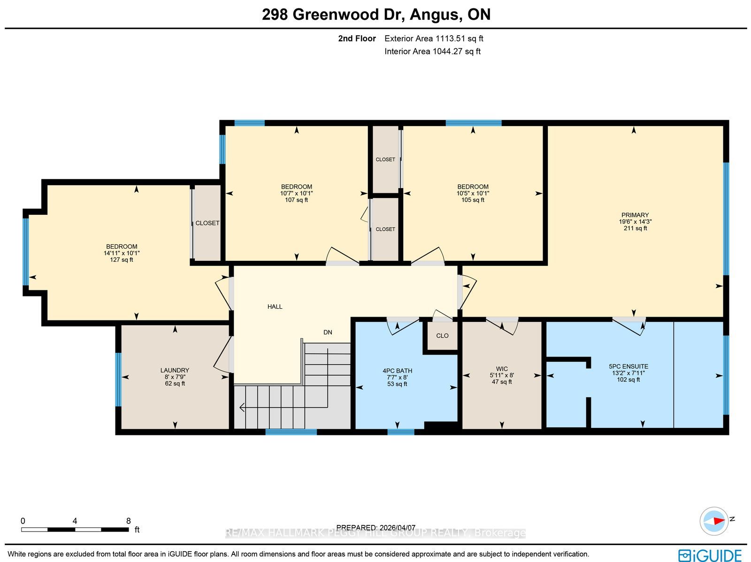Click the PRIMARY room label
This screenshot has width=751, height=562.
point(635,215)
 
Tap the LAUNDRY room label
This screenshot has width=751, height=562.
point(175,370)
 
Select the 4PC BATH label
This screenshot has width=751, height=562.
point(397,371)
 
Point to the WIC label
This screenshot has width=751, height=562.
point(502,369)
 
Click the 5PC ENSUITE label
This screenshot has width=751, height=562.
point(628,366)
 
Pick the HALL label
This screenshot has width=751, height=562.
point(275,307)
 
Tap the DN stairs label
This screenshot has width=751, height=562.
point(328,332)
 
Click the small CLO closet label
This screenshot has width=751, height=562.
point(443,336)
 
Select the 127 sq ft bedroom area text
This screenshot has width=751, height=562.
point(122,260)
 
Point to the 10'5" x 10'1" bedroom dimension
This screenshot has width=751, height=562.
point(473,193)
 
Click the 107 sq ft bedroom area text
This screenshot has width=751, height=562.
point(296,200)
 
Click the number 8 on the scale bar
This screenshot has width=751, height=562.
point(128,521)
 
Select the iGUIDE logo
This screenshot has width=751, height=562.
point(710,555)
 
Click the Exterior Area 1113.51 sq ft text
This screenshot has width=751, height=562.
point(434,38)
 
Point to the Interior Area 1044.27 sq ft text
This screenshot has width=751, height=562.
point(432,51)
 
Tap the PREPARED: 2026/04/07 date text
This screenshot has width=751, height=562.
point(375,527)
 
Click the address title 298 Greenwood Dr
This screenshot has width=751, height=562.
point(333,15)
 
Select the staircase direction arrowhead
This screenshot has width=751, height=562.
point(242,408)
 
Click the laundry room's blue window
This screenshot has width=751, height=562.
point(118,380)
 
